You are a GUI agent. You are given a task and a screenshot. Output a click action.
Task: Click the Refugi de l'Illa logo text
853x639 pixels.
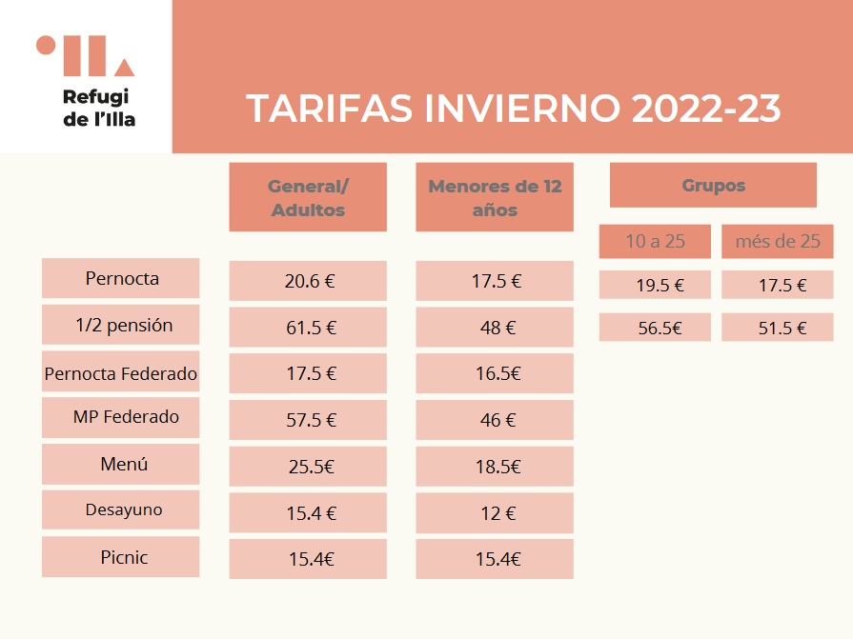(x=99, y=108)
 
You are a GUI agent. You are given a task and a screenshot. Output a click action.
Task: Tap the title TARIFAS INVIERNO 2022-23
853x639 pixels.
(x=513, y=109)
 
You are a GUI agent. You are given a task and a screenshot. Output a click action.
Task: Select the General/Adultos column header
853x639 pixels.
(x=308, y=197)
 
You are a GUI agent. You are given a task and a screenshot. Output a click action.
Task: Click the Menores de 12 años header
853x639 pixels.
(x=495, y=197)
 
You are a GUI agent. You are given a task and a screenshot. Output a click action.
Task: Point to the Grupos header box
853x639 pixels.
(x=713, y=186)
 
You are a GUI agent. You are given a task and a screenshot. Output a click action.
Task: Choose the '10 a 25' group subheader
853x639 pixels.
(x=655, y=241)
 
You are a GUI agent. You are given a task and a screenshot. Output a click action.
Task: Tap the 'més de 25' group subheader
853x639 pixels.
(x=778, y=241)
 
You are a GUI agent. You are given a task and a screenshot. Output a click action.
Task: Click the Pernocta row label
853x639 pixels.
(x=121, y=278)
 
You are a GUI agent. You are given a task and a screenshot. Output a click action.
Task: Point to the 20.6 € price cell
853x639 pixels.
(x=308, y=281)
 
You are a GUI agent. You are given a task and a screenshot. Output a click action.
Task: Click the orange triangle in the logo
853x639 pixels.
(x=124, y=69)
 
